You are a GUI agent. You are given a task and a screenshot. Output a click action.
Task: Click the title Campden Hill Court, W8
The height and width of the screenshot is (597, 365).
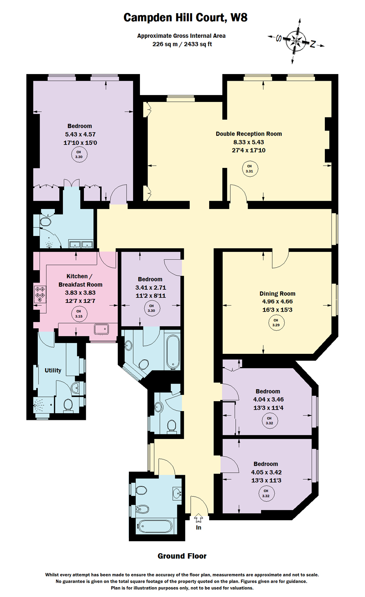coord(185,18)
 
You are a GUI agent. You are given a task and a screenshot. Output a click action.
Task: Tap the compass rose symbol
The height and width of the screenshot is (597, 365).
coord(296,41)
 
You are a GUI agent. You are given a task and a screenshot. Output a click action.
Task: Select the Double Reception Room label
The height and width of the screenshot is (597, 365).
coord(249,134)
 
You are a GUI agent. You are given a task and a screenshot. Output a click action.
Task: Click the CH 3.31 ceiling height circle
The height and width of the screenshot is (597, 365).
coord(249,169)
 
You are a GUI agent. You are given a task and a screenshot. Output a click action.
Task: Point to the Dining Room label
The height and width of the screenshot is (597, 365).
coord(277,293)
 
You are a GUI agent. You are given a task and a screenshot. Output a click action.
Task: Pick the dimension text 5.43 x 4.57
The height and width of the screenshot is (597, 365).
coord(80,135)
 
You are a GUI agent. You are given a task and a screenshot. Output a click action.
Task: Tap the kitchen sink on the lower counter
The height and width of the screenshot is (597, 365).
coord(101,329)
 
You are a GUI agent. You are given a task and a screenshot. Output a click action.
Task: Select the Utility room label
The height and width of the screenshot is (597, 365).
coord(53,370)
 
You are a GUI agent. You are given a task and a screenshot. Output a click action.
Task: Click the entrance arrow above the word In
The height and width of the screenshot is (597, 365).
coord(198,518)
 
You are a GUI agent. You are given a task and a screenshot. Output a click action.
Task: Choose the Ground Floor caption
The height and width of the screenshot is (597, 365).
coord(182,556)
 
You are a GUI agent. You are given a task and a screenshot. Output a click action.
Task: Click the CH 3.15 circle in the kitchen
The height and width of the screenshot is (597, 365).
coord(79,314)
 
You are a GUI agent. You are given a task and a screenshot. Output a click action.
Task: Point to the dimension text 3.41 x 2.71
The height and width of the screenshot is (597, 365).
coord(151,287)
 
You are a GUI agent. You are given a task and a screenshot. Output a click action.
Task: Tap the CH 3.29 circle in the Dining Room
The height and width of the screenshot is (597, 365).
coord(276,322)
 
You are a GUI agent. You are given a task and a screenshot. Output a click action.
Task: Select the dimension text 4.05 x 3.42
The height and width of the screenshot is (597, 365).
coord(266,472)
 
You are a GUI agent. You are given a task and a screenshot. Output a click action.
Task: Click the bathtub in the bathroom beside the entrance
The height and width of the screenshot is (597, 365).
coord(155,526)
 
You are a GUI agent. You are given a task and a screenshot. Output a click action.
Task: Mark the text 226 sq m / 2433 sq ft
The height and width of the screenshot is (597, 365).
coord(182,44)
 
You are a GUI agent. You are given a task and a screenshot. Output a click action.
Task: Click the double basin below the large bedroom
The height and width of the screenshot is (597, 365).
coord(81,244)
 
